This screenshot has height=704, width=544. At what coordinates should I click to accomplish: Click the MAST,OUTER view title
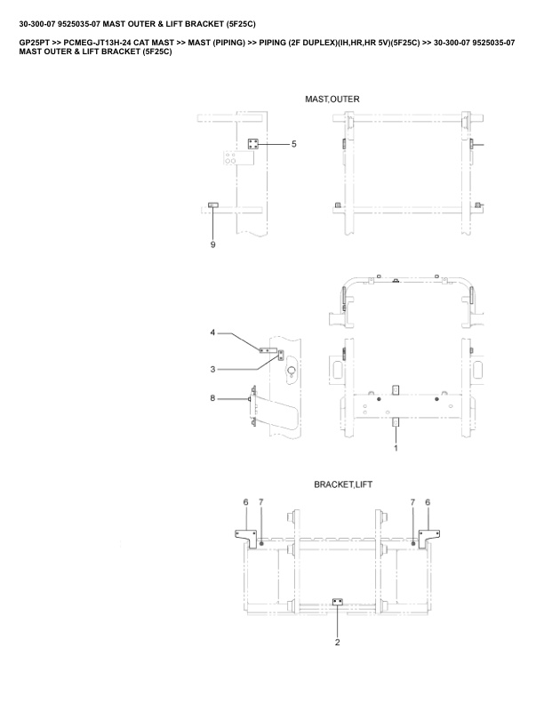tap(332, 100)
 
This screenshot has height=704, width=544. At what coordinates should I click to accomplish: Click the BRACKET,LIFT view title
tap(343, 484)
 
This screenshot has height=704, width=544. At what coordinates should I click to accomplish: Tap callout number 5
tap(294, 144)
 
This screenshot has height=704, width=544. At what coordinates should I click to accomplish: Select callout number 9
tap(212, 244)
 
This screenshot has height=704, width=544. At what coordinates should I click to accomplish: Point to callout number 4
tap(212, 332)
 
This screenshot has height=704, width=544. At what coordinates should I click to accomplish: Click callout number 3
tap(212, 370)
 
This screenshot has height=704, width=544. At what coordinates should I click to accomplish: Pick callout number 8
tap(212, 398)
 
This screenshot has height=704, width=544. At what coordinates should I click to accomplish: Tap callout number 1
tap(396, 448)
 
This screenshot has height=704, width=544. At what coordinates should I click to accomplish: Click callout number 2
tap(338, 643)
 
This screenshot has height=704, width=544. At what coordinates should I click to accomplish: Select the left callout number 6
tap(245, 502)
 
